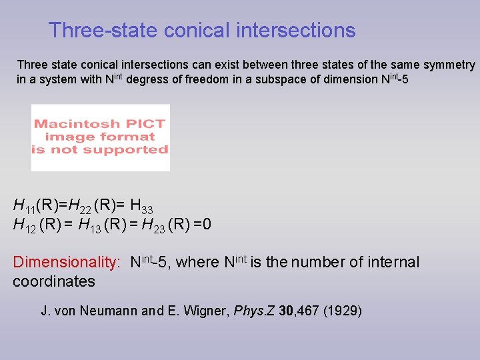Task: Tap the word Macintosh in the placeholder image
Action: (x=77, y=124)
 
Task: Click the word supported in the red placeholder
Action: (x=132, y=150)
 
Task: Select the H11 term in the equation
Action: (x=25, y=205)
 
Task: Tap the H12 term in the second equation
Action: (x=25, y=225)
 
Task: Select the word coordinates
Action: (x=54, y=281)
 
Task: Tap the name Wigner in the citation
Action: (x=199, y=311)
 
